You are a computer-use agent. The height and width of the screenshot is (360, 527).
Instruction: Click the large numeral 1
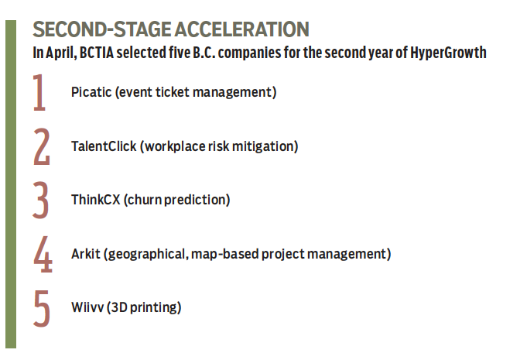(x=39, y=93)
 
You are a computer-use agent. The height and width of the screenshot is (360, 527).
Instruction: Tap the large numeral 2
(x=42, y=146)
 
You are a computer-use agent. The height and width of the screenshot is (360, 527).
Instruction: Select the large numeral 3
(x=41, y=201)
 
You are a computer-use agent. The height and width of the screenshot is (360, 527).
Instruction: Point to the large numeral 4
(x=43, y=254)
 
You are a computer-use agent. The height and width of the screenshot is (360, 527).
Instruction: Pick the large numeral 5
(x=42, y=309)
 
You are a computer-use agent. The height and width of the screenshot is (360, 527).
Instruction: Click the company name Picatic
(x=91, y=92)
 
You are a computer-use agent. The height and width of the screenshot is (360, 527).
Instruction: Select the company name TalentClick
(x=104, y=146)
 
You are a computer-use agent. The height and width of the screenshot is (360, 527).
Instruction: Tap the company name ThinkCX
(x=95, y=200)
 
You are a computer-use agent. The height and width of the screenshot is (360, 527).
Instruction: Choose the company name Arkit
(x=86, y=254)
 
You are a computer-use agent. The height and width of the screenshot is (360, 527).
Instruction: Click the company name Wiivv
(x=87, y=307)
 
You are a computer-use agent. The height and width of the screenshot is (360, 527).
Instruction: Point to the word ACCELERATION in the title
(x=242, y=29)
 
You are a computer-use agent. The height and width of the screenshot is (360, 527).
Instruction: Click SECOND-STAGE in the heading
(x=102, y=29)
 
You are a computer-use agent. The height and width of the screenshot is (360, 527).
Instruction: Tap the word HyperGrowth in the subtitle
(x=448, y=53)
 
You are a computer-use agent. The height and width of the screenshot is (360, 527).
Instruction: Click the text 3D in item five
(x=117, y=307)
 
